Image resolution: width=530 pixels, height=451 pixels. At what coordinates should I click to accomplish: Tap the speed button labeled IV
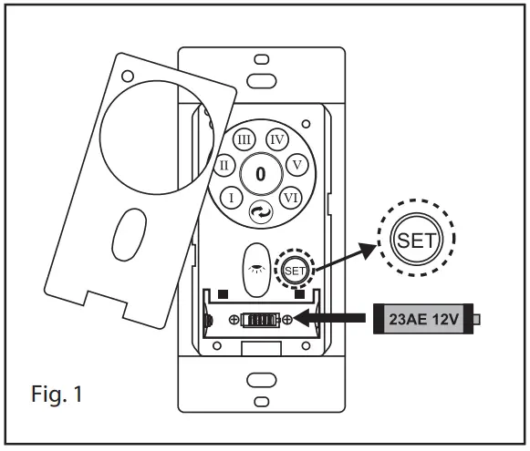click(277, 139)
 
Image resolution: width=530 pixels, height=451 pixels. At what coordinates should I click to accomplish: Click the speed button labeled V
click(297, 165)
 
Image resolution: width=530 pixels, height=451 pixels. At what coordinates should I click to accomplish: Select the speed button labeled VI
click(291, 198)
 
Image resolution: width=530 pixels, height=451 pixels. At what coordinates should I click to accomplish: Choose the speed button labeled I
click(231, 198)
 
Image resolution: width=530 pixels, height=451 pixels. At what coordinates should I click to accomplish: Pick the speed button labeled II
click(224, 165)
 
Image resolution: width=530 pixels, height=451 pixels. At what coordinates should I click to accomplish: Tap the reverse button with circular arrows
click(261, 212)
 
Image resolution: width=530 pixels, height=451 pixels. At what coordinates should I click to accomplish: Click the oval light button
click(256, 270)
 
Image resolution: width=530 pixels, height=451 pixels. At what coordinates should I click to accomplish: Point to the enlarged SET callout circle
click(416, 239)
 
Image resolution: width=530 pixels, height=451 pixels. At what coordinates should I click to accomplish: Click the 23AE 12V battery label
click(423, 319)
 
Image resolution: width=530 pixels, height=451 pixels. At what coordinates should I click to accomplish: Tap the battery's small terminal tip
click(476, 319)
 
